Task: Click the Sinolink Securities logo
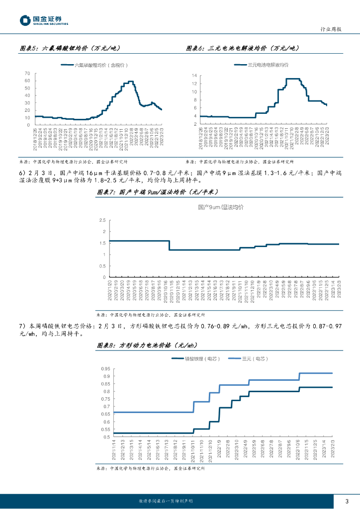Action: click(44, 20)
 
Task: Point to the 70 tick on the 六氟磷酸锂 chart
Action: click(28, 73)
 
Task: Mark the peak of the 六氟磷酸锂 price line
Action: click(130, 81)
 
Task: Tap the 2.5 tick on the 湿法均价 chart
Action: click(102, 220)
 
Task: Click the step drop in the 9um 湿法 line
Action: click(170, 245)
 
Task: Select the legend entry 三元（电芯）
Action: click(247, 358)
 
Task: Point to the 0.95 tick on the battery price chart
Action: click(105, 369)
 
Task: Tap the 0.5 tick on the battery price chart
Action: click(106, 437)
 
